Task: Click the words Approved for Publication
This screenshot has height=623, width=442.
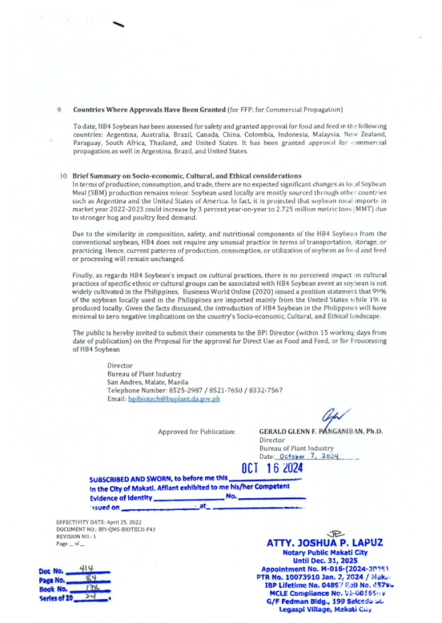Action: click(x=201, y=432)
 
